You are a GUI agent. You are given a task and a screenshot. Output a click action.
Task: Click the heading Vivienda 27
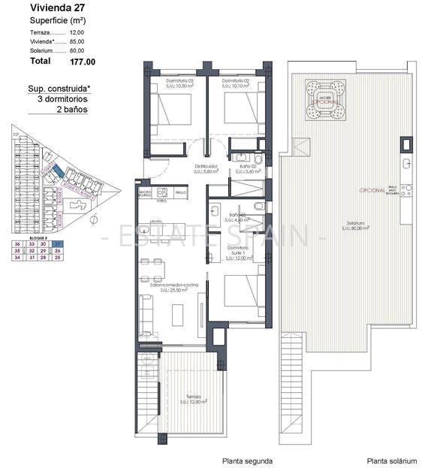(x=55, y=8)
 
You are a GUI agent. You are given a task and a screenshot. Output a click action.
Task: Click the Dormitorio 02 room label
(x=239, y=80)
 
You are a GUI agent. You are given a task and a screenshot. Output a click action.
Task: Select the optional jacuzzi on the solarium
(x=326, y=100)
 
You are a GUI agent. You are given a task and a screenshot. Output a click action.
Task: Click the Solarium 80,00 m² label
(x=351, y=225)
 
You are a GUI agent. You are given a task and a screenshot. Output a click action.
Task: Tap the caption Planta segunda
(x=247, y=461)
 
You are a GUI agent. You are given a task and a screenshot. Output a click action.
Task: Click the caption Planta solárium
(x=390, y=461)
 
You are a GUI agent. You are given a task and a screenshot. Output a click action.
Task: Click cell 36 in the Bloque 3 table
(x=17, y=244)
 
